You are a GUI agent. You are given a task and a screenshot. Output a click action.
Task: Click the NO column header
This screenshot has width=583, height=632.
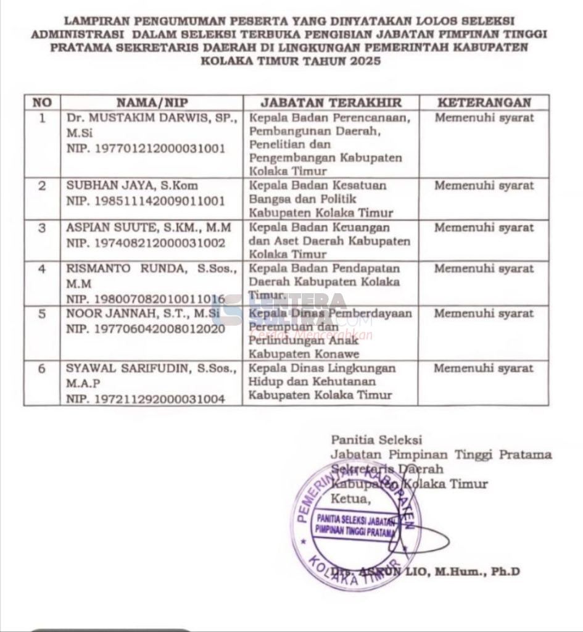[x=41, y=102]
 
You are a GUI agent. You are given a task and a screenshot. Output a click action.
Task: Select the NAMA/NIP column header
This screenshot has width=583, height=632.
[x=152, y=102]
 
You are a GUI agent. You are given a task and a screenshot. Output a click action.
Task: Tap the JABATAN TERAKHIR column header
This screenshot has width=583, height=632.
[x=331, y=102]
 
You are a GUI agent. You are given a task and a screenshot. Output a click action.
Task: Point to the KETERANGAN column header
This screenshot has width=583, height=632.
[x=484, y=102]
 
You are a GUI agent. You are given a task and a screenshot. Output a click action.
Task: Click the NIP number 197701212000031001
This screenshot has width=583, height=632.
[x=146, y=149]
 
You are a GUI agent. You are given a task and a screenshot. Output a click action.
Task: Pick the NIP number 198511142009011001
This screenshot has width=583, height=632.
[x=146, y=201]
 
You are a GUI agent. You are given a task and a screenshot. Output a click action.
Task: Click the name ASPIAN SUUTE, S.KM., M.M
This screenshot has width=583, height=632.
[x=149, y=228]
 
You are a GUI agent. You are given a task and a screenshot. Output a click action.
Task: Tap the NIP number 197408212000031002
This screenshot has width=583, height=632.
[x=146, y=243]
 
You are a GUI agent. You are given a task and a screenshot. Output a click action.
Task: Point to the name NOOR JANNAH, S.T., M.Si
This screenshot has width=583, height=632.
[x=143, y=314]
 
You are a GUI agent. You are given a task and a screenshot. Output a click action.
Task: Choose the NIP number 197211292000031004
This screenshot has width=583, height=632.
[x=146, y=399]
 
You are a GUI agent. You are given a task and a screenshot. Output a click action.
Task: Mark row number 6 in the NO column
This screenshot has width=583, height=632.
[x=42, y=369]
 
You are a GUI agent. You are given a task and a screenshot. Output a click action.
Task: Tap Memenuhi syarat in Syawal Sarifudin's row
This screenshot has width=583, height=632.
[x=484, y=369]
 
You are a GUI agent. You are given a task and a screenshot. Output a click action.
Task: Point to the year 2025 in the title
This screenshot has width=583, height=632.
[x=360, y=61]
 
